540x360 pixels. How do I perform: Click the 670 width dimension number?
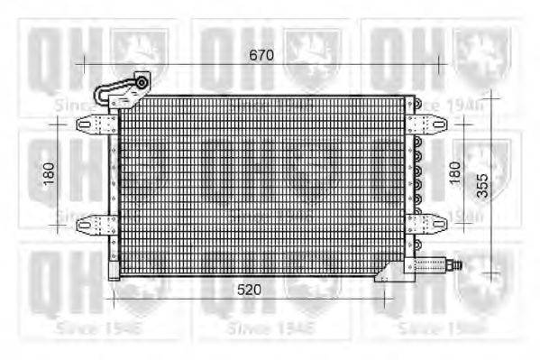(261, 56)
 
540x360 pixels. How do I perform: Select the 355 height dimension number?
(482, 185)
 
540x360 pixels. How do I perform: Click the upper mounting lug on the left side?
(91, 123)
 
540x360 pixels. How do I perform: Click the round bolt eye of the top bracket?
(142, 82)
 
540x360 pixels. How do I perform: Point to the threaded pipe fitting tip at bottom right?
(458, 265)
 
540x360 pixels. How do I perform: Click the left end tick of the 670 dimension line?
(84, 65)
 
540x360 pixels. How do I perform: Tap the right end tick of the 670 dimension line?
(439, 65)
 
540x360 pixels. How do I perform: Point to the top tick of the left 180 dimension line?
(59, 122)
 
